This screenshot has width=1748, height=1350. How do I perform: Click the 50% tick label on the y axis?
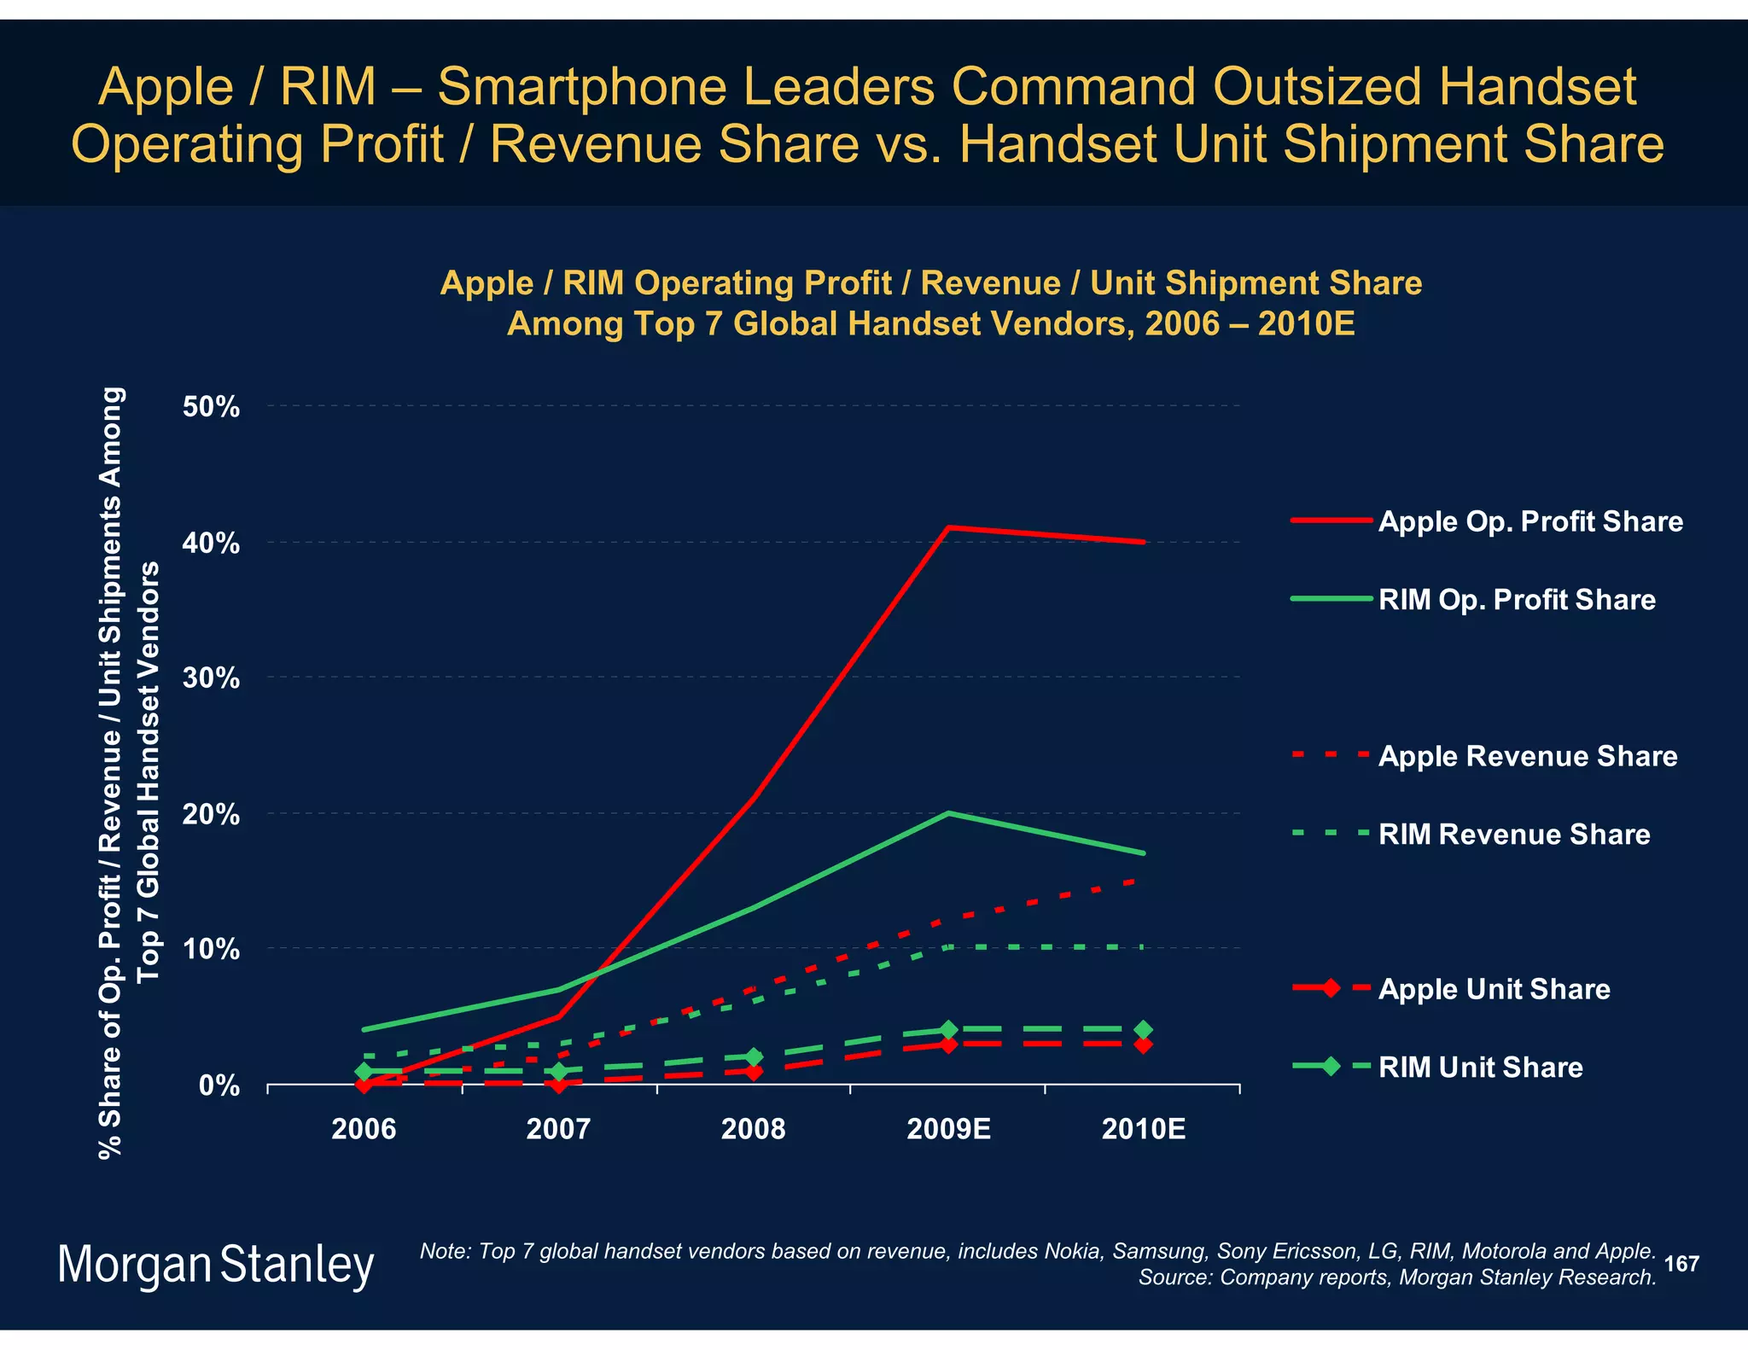click(x=211, y=407)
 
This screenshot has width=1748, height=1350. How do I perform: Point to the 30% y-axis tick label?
click(x=211, y=678)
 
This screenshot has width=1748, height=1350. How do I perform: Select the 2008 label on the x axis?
click(x=753, y=1130)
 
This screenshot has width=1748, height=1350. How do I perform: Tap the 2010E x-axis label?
click(x=1143, y=1130)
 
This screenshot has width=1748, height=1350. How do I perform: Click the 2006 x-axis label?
click(x=364, y=1130)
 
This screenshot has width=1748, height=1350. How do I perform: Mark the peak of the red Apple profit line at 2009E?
click(x=948, y=527)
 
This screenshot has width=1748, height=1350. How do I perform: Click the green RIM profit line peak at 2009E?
click(x=948, y=813)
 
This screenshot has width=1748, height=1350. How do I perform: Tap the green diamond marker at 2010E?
click(x=1144, y=1030)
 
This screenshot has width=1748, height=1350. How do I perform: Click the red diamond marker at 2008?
click(x=753, y=1071)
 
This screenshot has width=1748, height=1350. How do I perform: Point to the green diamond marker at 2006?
click(x=364, y=1071)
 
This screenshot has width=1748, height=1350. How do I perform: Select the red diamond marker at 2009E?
click(x=948, y=1045)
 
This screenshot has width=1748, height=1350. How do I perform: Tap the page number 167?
click(x=1681, y=1264)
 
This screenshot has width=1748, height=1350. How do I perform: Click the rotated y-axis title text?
click(x=128, y=772)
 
